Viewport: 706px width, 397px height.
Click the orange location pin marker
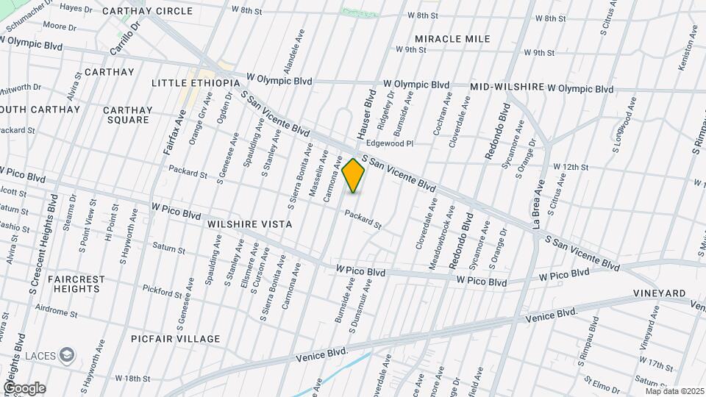[x=354, y=175]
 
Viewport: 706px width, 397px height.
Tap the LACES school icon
[x=68, y=355]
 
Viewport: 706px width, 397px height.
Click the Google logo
[x=24, y=388]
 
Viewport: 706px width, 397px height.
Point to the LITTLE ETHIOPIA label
[x=196, y=83]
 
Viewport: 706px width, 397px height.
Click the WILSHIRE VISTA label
[x=250, y=224]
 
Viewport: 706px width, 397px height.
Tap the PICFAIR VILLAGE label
[x=176, y=339]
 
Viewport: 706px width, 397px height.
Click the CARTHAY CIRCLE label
[x=147, y=11]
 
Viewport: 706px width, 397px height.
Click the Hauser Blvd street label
[x=366, y=115]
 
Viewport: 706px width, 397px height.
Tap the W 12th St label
[x=571, y=168]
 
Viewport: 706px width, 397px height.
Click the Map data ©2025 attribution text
[x=674, y=391]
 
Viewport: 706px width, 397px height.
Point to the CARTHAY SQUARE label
[x=129, y=115]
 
